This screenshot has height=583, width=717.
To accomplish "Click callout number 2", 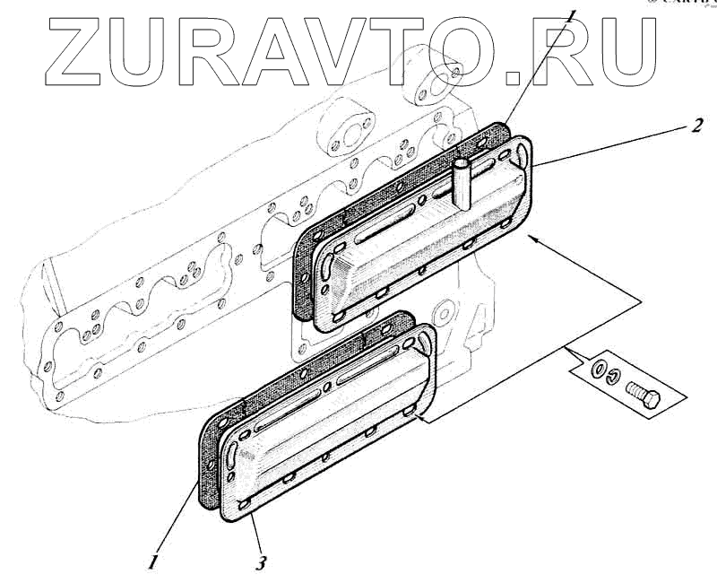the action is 695,126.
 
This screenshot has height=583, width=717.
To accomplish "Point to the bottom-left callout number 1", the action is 154,562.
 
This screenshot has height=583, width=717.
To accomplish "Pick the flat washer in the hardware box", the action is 598,368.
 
